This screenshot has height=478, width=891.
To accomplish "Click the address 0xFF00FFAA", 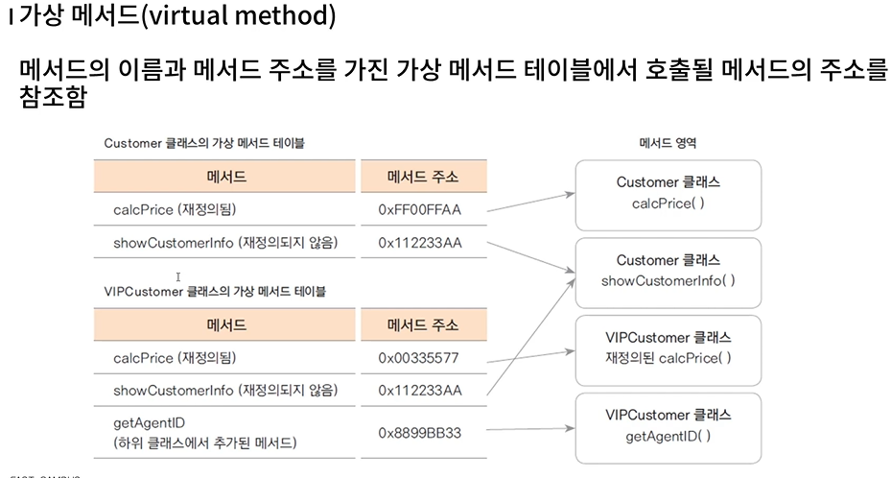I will coord(420,208).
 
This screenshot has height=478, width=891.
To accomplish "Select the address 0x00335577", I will coord(420,358).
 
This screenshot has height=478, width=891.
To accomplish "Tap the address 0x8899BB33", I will coord(420,433).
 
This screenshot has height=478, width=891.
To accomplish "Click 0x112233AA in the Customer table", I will coord(420,242).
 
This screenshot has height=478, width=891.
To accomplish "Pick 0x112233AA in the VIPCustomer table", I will coord(420,390).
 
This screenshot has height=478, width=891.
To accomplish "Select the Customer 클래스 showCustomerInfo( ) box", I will coord(668,271).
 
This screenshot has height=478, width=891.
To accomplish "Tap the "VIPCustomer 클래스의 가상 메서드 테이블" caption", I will coord(215,291).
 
